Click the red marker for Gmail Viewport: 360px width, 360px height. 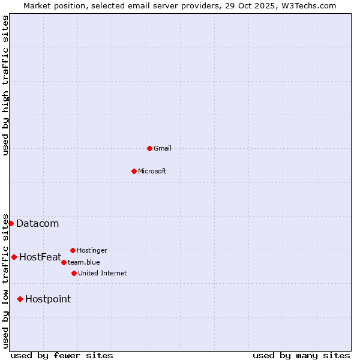click(x=149, y=148)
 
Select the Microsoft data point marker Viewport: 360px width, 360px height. click(x=134, y=171)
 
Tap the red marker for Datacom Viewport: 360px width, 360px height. click(x=11, y=223)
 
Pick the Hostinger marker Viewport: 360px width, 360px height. click(x=73, y=250)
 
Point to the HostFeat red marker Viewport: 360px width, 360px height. click(x=14, y=257)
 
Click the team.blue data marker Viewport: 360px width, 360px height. click(x=64, y=262)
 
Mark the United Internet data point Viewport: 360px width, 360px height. click(x=74, y=273)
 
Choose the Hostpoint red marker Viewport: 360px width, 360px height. click(x=20, y=299)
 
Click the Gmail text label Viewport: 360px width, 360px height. click(x=163, y=148)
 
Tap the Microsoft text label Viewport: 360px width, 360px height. click(x=152, y=171)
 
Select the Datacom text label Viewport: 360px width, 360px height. click(x=37, y=224)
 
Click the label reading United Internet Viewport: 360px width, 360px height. click(x=103, y=273)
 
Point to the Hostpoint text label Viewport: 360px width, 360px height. click(x=48, y=299)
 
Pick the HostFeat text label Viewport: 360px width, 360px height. click(x=40, y=257)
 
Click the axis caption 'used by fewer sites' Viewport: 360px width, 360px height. click(x=62, y=355)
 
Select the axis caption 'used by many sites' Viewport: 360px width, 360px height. click(x=301, y=355)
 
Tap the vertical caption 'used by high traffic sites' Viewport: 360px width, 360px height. click(x=5, y=85)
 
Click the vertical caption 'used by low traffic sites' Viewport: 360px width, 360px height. click(x=5, y=280)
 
